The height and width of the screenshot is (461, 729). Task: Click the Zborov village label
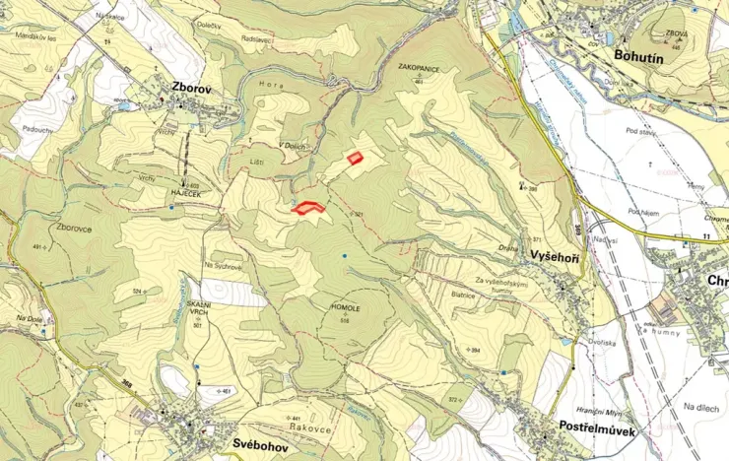pos(191,86)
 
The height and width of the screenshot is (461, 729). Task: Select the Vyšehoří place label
pos(555,255)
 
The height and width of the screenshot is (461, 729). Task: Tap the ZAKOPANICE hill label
pos(419,68)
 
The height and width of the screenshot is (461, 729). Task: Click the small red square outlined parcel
pos(356,157)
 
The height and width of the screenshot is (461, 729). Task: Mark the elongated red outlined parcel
pos(309,207)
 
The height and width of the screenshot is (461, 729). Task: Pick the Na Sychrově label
pos(223,266)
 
